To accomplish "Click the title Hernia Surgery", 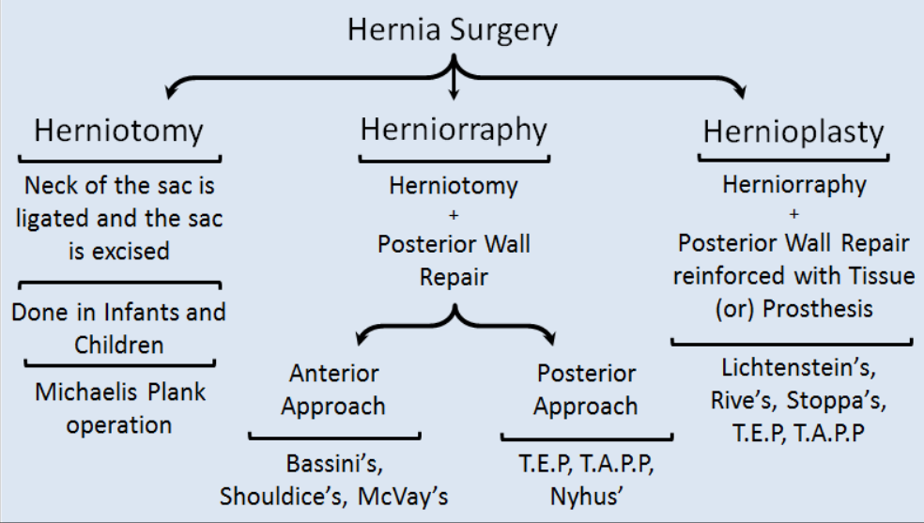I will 453,30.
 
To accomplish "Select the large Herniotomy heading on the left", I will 118,131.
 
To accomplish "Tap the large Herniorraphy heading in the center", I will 454,130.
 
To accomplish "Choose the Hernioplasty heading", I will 793,132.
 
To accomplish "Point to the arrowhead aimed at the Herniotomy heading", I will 170,92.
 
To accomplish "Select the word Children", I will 118,344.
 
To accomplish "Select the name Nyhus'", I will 587,496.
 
